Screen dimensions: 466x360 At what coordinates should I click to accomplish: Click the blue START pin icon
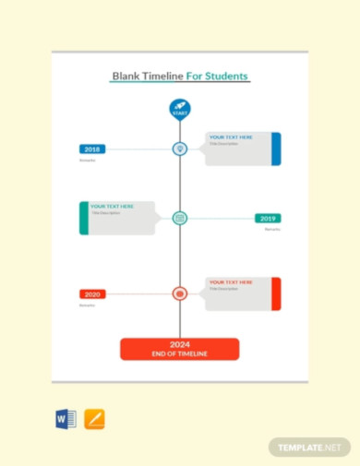[x=180, y=110]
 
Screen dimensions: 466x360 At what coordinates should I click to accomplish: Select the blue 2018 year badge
[x=92, y=149]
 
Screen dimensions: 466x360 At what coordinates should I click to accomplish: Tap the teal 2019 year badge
[x=268, y=219]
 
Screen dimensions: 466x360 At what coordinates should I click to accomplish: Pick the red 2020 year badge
[x=92, y=294]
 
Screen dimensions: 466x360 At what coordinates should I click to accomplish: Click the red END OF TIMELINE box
[x=180, y=349]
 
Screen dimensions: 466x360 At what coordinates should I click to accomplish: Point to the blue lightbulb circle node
[x=180, y=149]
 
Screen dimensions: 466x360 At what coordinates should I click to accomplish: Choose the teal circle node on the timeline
[x=180, y=219]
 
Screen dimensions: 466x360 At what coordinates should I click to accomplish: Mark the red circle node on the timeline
[x=180, y=294]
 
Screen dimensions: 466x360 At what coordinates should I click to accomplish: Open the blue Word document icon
[x=66, y=419]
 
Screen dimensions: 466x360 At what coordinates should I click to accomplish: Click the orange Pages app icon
[x=94, y=419]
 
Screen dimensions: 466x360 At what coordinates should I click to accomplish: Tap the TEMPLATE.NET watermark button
[x=310, y=447]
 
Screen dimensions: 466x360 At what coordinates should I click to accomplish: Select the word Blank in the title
[x=126, y=77]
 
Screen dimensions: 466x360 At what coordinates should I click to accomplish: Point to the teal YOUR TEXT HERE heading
[x=112, y=206]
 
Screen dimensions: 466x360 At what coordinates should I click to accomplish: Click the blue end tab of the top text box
[x=276, y=149]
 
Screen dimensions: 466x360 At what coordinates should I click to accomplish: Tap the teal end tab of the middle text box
[x=84, y=219]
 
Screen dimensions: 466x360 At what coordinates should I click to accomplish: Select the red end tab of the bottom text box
[x=276, y=293]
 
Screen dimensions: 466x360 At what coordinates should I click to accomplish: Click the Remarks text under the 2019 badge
[x=272, y=230]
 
